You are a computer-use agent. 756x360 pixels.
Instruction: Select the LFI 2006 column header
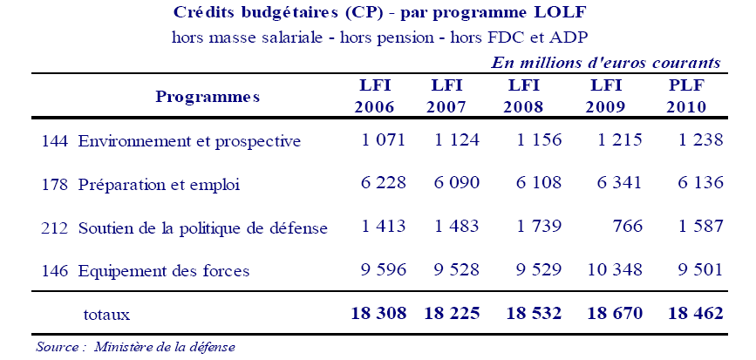coord(374,97)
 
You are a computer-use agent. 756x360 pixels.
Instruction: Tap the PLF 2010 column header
coord(685,97)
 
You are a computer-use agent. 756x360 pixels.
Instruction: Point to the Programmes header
coord(208,97)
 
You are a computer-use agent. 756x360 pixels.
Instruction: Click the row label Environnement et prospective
coord(189,141)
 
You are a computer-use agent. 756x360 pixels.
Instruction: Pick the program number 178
coord(54,185)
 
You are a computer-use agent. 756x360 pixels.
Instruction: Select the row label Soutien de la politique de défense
coord(202,228)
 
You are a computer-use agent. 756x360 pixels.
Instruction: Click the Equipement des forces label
coord(164,271)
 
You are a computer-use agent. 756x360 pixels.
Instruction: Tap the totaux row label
coord(106,313)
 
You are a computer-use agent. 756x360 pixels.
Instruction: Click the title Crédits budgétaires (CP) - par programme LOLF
coord(378,16)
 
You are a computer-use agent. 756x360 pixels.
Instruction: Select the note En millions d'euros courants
coord(605,63)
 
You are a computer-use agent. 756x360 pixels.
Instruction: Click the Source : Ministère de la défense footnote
coord(135,347)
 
